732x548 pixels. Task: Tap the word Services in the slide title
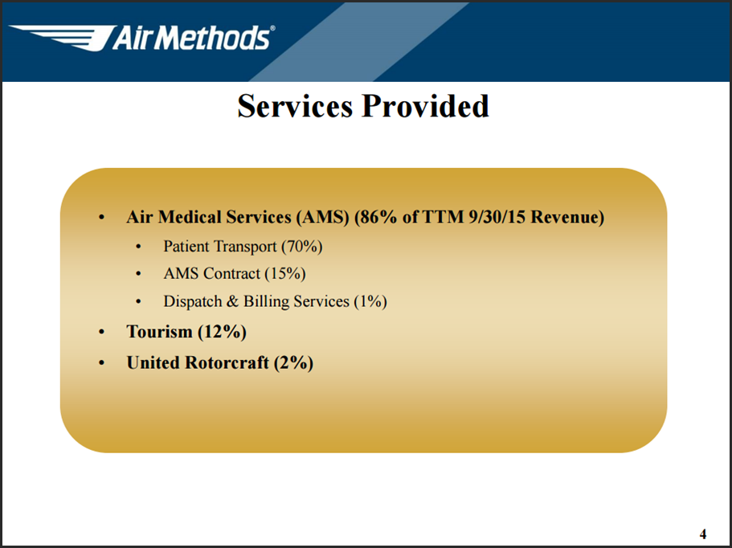click(295, 105)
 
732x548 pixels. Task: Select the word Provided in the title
click(425, 105)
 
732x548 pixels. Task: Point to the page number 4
click(703, 534)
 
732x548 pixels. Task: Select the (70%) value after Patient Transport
click(301, 247)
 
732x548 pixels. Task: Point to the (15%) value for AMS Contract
click(285, 273)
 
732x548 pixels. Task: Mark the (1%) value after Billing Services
click(370, 301)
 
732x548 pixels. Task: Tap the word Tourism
click(160, 332)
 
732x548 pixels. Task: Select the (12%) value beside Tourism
click(223, 332)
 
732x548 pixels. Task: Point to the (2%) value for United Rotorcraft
click(293, 362)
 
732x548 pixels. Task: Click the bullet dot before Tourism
click(102, 333)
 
